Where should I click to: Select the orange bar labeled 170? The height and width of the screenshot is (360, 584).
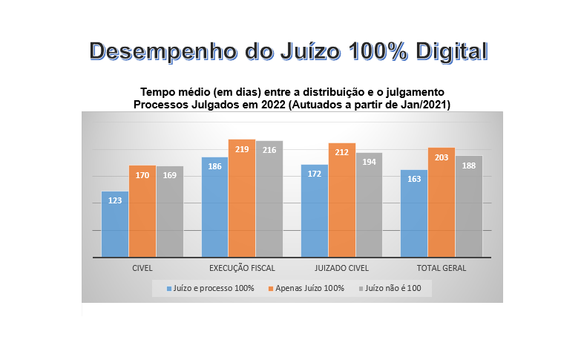[142, 212]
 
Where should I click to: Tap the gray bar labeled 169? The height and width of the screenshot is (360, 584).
[170, 212]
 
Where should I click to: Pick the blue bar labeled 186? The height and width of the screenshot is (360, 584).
[214, 207]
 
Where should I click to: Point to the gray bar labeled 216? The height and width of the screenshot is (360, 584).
[269, 199]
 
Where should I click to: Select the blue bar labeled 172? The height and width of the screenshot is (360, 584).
[315, 211]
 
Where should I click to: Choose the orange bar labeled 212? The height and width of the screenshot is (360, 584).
[342, 200]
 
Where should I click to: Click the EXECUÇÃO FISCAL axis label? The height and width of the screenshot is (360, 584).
[242, 268]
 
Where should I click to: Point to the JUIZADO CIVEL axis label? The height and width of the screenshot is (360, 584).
[342, 268]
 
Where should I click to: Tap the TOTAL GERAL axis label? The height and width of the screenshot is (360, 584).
[442, 268]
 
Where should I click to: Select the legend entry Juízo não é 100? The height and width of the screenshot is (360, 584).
[393, 288]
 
